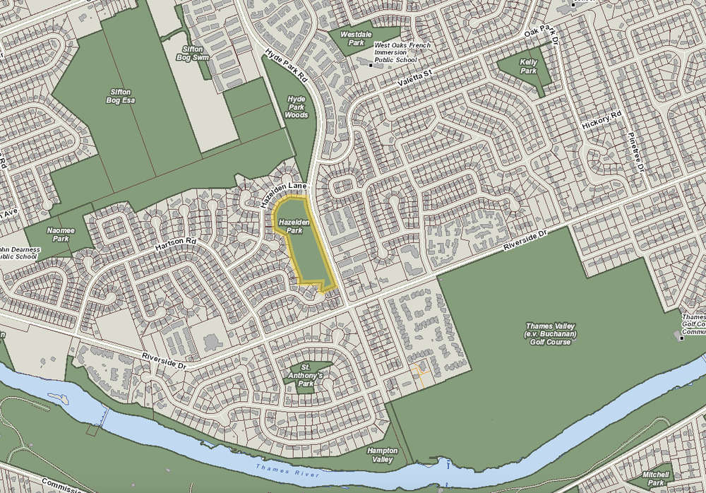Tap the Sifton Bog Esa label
pyautogui.click(x=122, y=96)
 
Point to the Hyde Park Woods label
pyautogui.click(x=297, y=107)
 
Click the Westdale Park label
pyautogui.click(x=352, y=38)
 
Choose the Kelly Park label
pyautogui.click(x=528, y=66)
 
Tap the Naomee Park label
pyautogui.click(x=57, y=234)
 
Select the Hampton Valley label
pyautogui.click(x=382, y=455)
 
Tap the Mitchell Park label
pyautogui.click(x=654, y=479)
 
